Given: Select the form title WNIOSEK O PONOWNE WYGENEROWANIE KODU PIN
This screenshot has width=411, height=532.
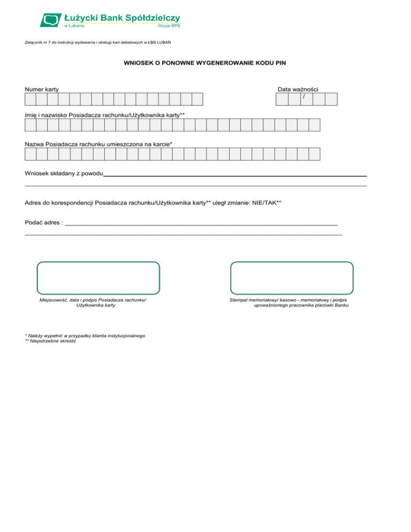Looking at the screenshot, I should [x=205, y=63].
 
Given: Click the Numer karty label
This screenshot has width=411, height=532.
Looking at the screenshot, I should [x=42, y=89].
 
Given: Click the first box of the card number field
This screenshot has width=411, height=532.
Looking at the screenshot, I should [x=31, y=99].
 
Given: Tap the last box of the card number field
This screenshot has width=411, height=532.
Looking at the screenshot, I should [x=197, y=99].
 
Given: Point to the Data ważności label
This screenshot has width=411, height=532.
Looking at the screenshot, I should [x=298, y=89].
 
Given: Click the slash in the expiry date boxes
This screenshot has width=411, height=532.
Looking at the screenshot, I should [x=304, y=97].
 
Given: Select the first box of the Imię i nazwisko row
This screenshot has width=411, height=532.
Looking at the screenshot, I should [x=31, y=125].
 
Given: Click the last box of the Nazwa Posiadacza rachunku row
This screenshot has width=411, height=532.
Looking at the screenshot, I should [x=314, y=154].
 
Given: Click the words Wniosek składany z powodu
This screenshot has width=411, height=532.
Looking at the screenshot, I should [x=64, y=174].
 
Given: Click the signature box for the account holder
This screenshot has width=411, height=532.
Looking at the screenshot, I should [x=98, y=278].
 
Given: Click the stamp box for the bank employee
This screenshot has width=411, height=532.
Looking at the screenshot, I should [x=292, y=278].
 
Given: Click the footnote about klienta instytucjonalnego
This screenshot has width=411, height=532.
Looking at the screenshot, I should [x=85, y=336].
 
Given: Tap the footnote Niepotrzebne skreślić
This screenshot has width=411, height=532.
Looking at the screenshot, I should [x=50, y=341].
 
